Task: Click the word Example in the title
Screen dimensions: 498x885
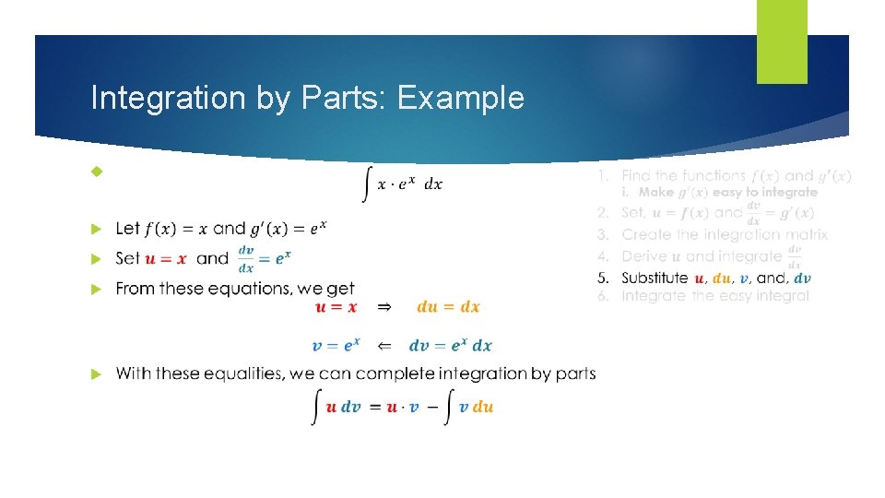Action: click(x=460, y=98)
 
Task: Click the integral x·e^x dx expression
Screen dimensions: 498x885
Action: click(x=403, y=184)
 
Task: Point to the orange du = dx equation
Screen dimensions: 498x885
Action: click(x=448, y=307)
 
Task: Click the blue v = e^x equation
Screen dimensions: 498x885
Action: click(x=336, y=346)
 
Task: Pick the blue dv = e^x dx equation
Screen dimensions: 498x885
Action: click(x=450, y=346)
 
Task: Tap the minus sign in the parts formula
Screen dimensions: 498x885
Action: click(x=429, y=407)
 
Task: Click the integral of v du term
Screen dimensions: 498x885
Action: click(x=469, y=407)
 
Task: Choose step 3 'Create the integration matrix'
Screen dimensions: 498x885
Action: click(x=725, y=234)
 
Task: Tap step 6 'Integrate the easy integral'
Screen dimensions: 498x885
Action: click(x=715, y=296)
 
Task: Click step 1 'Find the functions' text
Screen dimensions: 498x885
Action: click(x=683, y=175)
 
